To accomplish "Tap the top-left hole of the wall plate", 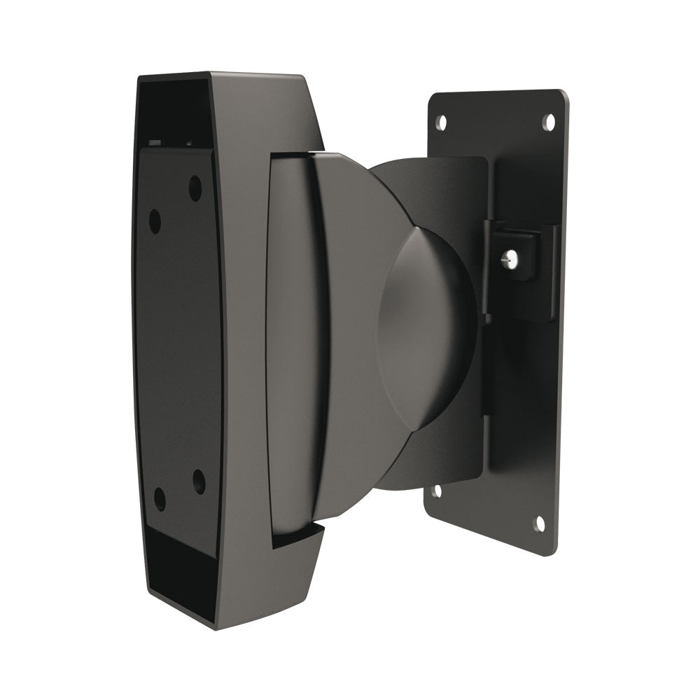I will click(x=441, y=122).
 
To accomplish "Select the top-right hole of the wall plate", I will click(x=549, y=121).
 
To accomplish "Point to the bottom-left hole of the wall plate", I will click(x=437, y=491).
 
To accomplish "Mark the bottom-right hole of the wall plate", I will click(x=540, y=523).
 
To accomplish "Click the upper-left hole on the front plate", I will click(x=155, y=221).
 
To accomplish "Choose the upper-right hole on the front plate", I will click(x=195, y=188).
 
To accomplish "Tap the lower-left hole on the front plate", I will click(x=160, y=498).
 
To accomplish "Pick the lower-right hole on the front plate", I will click(x=199, y=482).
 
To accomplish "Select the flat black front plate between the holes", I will click(x=178, y=350).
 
